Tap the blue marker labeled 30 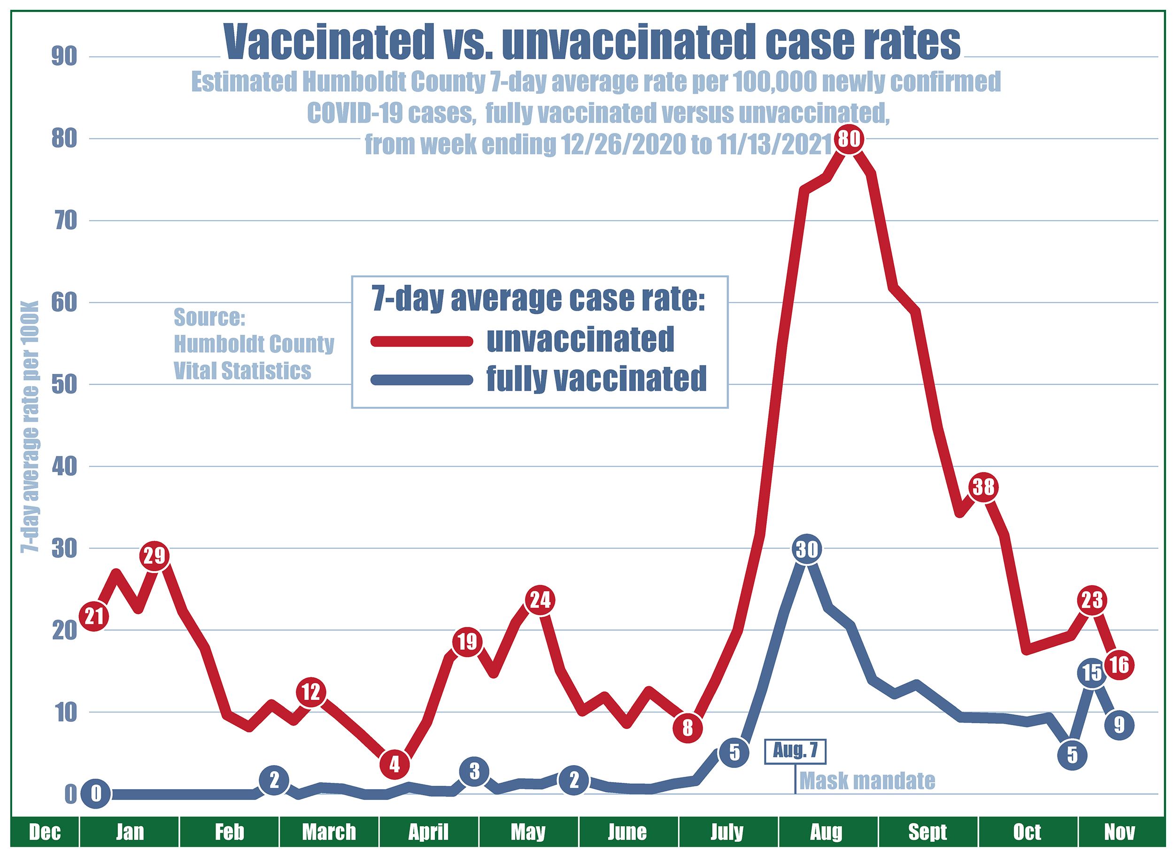[806, 549]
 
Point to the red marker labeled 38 [983, 488]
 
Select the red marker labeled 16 [1119, 665]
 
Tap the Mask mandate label [867, 781]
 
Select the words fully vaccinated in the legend [596, 379]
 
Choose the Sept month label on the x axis [927, 832]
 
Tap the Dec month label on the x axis [45, 832]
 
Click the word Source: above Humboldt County [209, 318]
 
